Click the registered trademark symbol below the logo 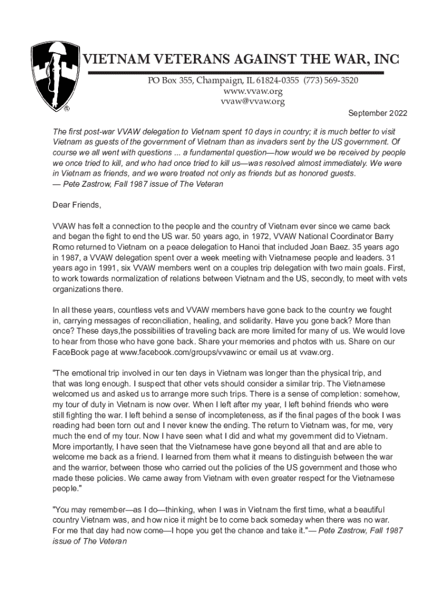67,108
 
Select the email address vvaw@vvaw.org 253,102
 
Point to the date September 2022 377,113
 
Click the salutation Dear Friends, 77,205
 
